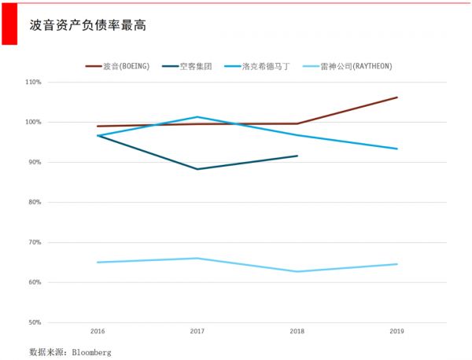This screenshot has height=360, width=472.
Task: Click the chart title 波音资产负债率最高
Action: tap(87, 25)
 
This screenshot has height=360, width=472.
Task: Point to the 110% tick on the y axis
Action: tap(33, 82)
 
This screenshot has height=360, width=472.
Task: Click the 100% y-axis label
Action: tap(33, 122)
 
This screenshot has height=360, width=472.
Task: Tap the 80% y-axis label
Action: tap(34, 202)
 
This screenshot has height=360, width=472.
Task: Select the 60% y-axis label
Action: tap(34, 282)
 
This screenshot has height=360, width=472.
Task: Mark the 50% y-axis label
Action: tap(34, 322)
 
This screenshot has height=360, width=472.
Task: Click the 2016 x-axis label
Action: tap(98, 332)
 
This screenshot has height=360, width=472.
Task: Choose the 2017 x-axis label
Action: tap(197, 332)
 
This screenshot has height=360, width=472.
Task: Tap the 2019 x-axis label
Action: tap(396, 332)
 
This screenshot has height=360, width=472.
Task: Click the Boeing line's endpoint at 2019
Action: tap(397, 97)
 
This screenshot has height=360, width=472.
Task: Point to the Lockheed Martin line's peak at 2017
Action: tap(197, 117)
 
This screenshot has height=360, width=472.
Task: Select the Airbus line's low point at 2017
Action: tap(197, 169)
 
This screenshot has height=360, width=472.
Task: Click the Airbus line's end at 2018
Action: tap(297, 156)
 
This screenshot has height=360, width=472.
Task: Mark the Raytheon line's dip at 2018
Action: tap(297, 271)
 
